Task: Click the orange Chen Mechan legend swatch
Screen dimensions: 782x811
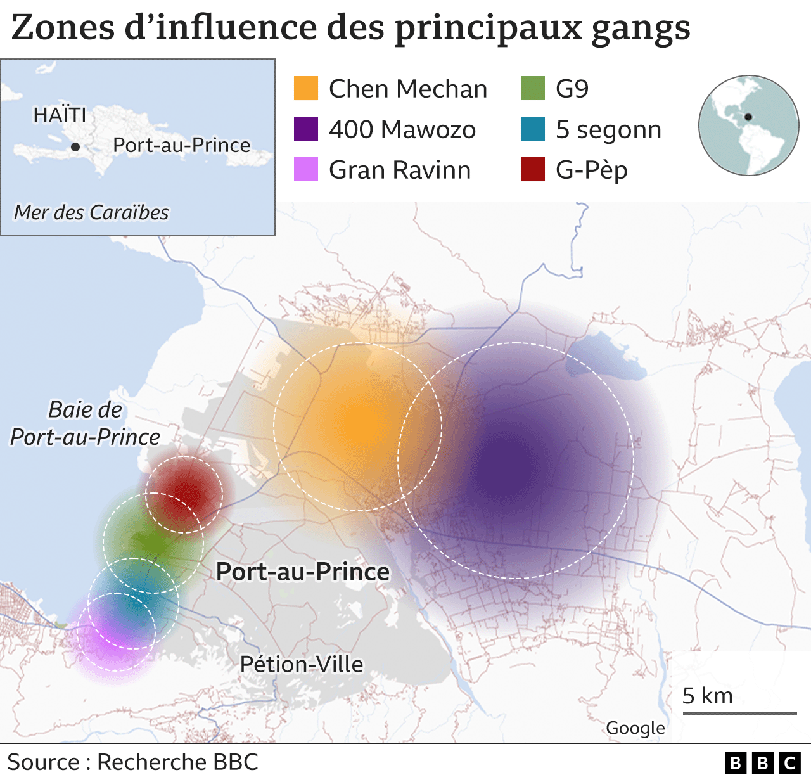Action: tap(305, 89)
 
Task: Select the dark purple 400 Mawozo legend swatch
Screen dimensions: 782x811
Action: tap(305, 129)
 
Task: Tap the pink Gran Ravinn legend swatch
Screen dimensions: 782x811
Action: tap(305, 170)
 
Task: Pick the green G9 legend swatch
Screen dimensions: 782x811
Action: tap(532, 89)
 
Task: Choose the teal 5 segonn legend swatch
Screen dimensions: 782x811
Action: tap(532, 129)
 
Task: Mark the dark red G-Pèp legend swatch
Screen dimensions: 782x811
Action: tap(532, 170)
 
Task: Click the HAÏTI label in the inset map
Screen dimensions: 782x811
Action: tap(60, 115)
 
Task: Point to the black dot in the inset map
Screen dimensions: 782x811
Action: tap(75, 147)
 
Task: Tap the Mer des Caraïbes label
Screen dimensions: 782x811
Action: tap(91, 212)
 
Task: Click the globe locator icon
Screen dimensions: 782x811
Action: tap(748, 125)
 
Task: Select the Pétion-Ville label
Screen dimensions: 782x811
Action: tap(302, 664)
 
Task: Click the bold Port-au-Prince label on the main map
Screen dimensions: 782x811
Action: tap(303, 572)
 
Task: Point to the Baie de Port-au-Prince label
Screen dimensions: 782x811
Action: tap(86, 423)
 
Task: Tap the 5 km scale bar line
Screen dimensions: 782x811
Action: tap(739, 714)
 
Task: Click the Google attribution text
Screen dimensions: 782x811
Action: tap(635, 728)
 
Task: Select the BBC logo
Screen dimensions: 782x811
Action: tap(763, 762)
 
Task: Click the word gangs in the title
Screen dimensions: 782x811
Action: tap(641, 29)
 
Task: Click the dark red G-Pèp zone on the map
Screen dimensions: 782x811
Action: tap(185, 493)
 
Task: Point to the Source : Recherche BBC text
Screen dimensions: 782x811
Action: tap(133, 762)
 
